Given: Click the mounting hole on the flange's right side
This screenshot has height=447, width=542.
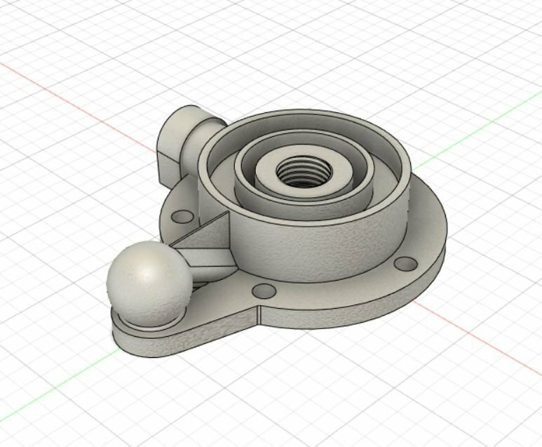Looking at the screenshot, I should pos(405,263).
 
